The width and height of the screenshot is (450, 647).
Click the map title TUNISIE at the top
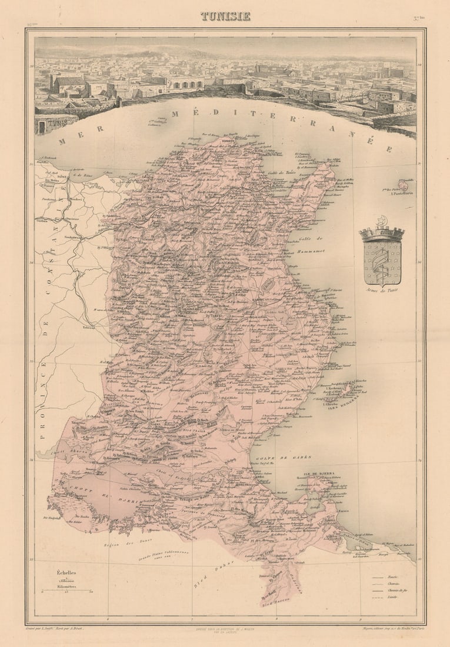[225, 16]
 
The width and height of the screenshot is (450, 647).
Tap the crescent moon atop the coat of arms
[382, 220]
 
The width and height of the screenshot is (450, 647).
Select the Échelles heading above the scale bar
[66, 572]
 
